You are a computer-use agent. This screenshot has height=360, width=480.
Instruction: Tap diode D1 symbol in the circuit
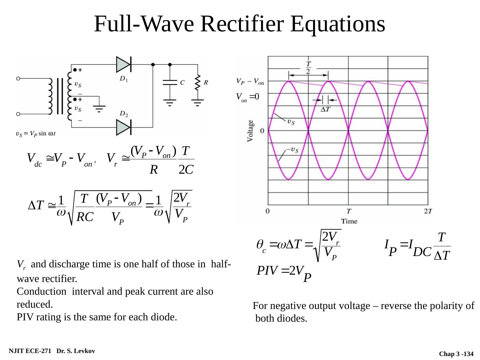(123, 64)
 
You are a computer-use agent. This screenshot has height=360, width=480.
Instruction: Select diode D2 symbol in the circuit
(123, 127)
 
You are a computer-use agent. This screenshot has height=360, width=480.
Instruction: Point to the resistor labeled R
(198, 82)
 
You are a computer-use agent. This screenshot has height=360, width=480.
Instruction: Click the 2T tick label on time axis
(428, 211)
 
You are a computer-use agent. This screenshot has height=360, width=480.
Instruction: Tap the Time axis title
(349, 221)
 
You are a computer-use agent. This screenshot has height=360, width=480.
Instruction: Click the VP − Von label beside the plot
(250, 81)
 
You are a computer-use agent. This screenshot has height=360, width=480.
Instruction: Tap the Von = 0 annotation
(245, 97)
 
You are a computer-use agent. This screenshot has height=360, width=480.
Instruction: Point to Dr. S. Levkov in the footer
(76, 351)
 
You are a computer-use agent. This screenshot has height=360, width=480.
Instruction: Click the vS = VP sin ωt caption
(36, 134)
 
